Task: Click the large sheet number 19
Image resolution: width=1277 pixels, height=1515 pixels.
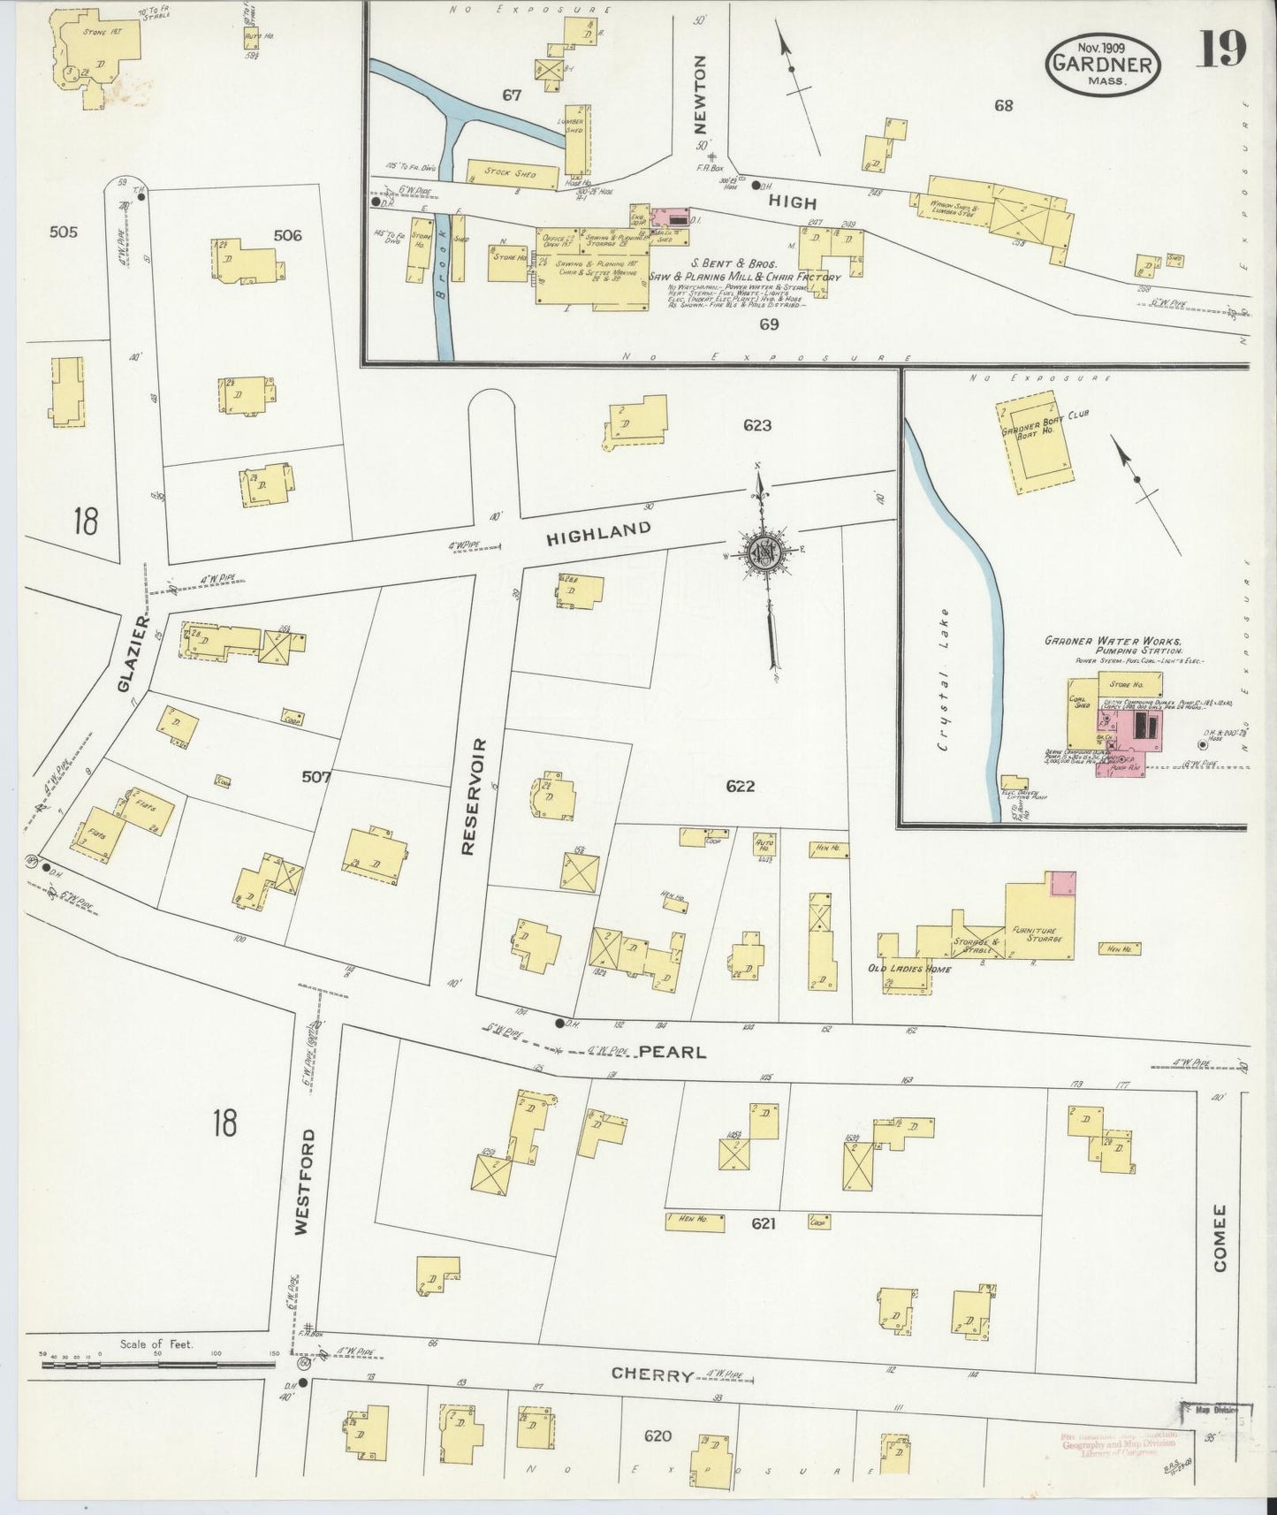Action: coord(1222,49)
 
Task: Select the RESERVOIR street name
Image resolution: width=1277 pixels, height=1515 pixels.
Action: coord(469,796)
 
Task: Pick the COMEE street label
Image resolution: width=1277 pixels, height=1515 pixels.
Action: coord(1220,1237)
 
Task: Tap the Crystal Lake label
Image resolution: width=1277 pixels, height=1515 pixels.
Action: coord(945,679)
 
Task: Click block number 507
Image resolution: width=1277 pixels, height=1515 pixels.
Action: coord(315,777)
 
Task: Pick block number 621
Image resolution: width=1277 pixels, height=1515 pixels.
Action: coord(763,1223)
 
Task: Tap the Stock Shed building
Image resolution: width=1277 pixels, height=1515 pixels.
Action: coord(513,174)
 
